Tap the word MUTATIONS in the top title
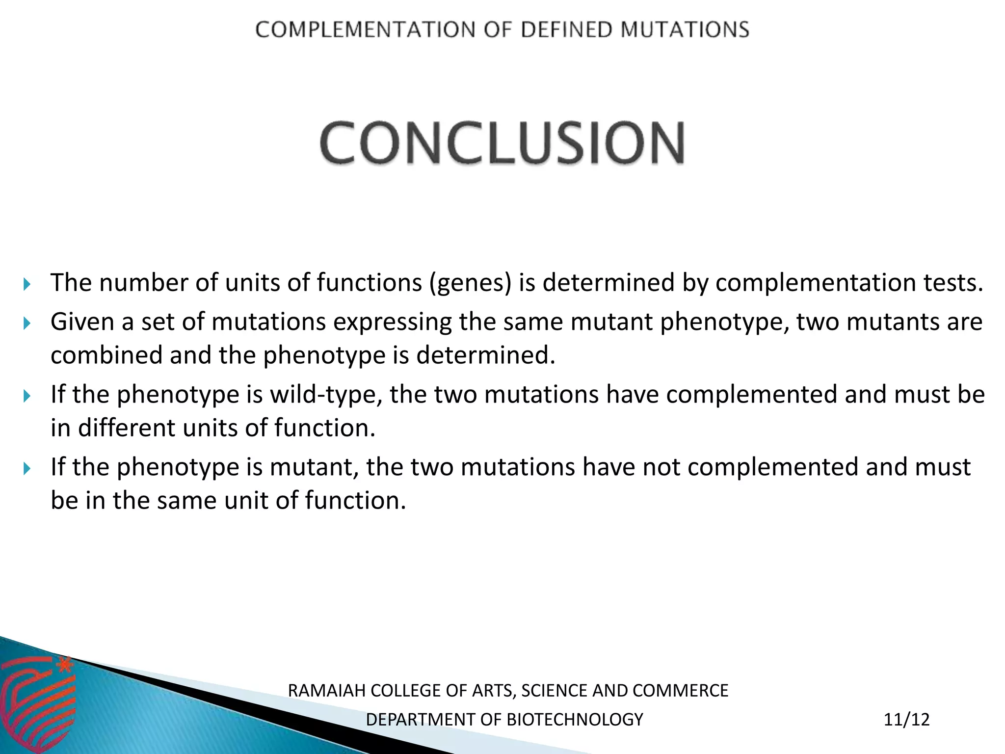685,30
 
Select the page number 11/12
906,720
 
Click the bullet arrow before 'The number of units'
27,284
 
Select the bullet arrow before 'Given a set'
27,323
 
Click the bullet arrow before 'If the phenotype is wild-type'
27,396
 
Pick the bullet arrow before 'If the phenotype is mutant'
27,468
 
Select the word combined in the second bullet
106,355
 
